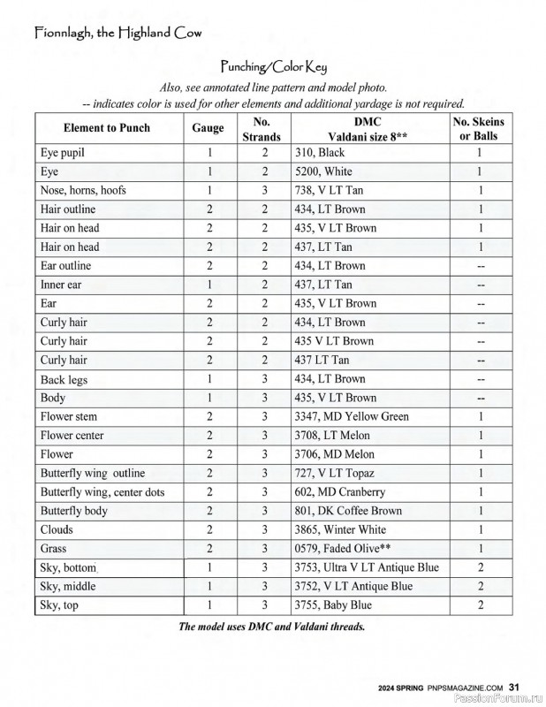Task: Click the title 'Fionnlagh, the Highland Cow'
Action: pos(118,34)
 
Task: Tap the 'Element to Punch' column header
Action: pos(107,128)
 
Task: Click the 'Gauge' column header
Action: pos(208,128)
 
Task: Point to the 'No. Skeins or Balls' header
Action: pos(479,128)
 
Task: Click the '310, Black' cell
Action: pos(319,153)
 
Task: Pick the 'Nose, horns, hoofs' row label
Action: pos(82,191)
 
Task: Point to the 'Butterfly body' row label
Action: pos(75,511)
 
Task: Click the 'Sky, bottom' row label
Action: pos(68,567)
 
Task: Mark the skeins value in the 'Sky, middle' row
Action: pos(480,586)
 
